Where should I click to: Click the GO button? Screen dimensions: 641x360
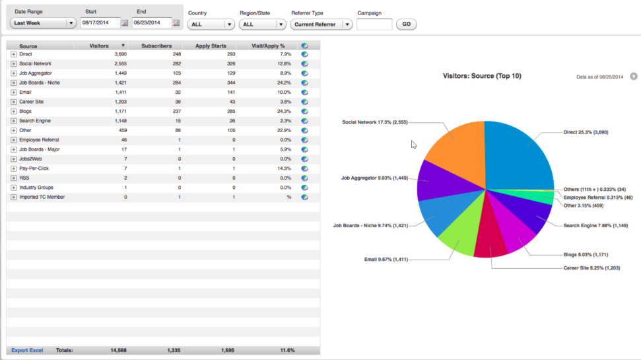click(x=406, y=24)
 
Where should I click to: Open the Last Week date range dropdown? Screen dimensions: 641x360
click(x=43, y=23)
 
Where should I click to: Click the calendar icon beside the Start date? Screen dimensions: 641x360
click(x=125, y=23)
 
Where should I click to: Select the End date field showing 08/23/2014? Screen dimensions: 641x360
click(x=152, y=23)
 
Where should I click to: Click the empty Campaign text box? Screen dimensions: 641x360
click(x=374, y=24)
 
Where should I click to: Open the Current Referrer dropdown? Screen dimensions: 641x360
click(x=321, y=24)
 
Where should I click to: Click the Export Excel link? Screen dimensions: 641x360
click(x=27, y=350)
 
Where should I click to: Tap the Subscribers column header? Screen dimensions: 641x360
click(x=156, y=46)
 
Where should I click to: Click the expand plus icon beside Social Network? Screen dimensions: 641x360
click(x=13, y=64)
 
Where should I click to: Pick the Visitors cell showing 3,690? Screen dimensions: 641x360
click(x=121, y=54)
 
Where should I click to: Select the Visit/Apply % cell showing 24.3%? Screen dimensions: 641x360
click(x=284, y=111)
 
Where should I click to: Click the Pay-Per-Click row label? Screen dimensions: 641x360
click(x=34, y=168)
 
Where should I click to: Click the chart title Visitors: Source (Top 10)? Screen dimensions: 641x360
click(x=482, y=76)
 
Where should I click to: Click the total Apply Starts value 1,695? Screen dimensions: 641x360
click(x=228, y=350)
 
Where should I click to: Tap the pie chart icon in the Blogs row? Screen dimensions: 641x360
click(x=304, y=111)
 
